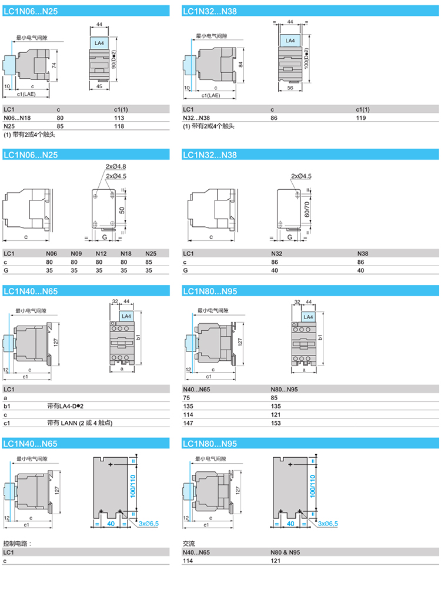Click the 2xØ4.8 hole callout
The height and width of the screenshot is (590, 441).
[x=116, y=166]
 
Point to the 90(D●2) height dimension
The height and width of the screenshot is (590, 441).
[x=113, y=59]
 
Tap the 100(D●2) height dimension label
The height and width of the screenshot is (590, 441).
[x=306, y=58]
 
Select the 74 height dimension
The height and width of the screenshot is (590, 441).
[x=54, y=65]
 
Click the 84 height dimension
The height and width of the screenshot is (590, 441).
[x=240, y=65]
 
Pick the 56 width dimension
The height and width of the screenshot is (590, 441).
[x=290, y=88]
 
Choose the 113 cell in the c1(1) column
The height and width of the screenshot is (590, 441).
[x=119, y=118]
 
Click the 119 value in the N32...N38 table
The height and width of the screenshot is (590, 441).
[x=361, y=118]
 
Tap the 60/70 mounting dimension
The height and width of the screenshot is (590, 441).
[x=307, y=209]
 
